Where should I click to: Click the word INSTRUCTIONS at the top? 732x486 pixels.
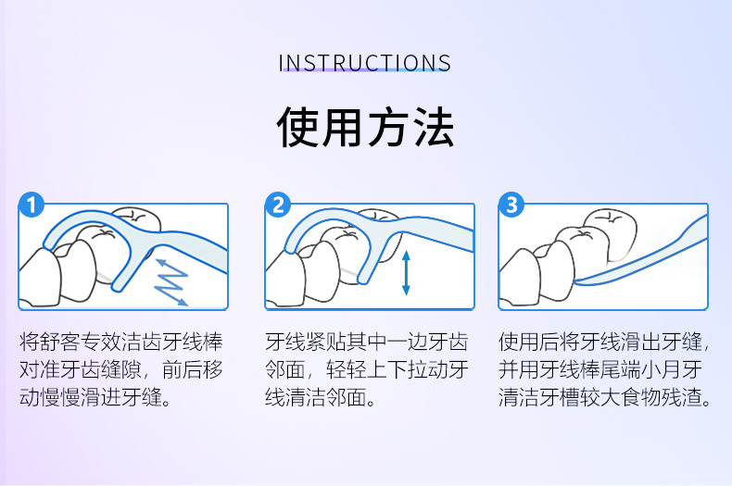pyautogui.click(x=364, y=63)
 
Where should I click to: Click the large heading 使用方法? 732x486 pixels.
pyautogui.click(x=365, y=127)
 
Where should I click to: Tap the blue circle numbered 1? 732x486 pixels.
pyautogui.click(x=32, y=206)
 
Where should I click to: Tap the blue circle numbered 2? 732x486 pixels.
pyautogui.click(x=278, y=205)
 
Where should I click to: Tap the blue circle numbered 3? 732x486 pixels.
pyautogui.click(x=511, y=205)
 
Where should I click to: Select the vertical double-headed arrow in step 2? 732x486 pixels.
pyautogui.click(x=406, y=273)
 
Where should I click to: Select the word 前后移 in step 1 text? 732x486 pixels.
pyautogui.click(x=193, y=369)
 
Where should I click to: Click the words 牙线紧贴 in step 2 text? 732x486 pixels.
pyautogui.click(x=306, y=342)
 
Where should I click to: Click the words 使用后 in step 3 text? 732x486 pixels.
pyautogui.click(x=529, y=342)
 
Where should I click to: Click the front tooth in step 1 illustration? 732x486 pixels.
pyautogui.click(x=39, y=278)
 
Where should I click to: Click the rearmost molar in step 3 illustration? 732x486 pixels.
pyautogui.click(x=612, y=233)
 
